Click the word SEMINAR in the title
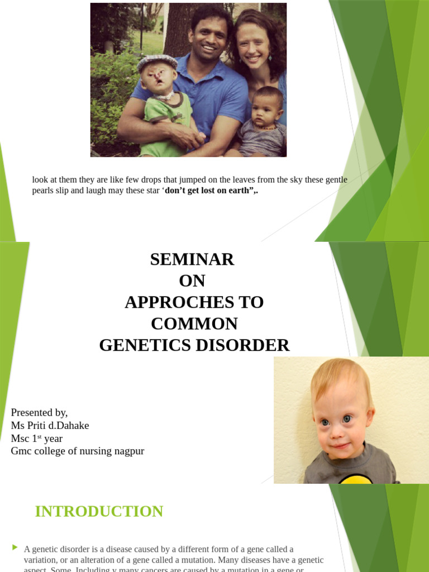(192, 259)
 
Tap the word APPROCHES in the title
(177, 302)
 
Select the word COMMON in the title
(194, 324)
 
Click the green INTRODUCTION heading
(99, 511)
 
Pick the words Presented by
(39, 413)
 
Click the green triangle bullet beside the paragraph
(15, 547)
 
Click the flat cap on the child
(157, 61)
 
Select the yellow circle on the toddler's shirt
(355, 479)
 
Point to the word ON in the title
(192, 280)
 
